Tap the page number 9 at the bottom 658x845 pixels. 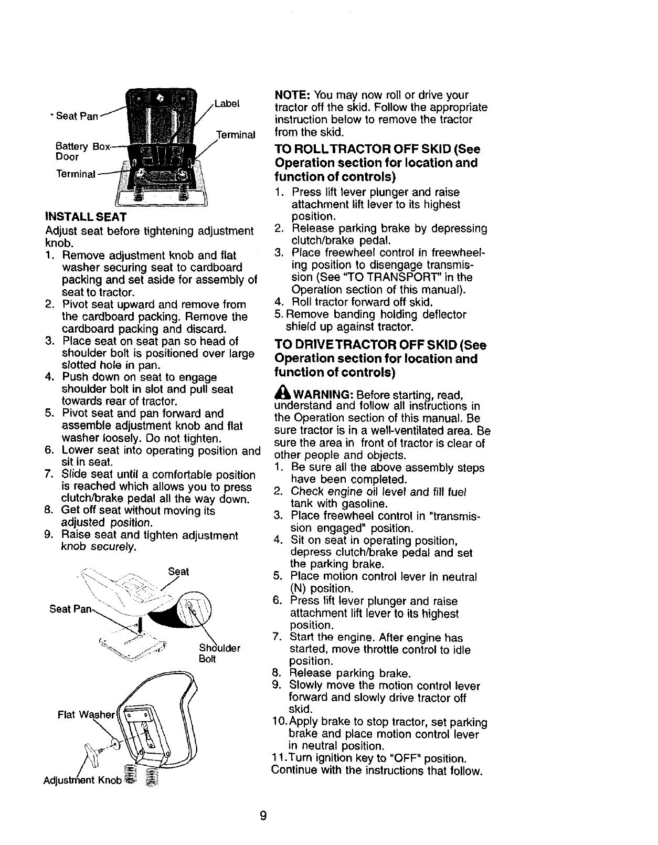[263, 816]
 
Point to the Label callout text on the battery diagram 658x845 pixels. [227, 103]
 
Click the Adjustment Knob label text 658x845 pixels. [83, 779]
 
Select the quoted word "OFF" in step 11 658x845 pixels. [408, 759]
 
